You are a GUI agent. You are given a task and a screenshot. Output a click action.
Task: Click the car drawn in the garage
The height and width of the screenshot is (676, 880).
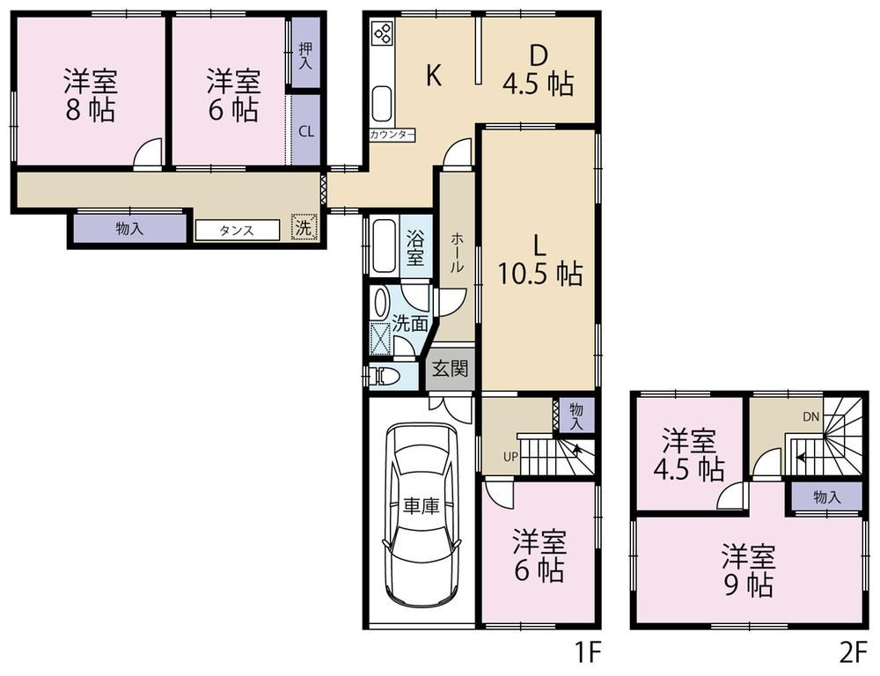[421, 515]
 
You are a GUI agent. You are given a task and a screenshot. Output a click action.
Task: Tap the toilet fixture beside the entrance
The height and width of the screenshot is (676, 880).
[385, 376]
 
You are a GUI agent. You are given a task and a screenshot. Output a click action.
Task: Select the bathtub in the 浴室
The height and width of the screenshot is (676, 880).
[385, 246]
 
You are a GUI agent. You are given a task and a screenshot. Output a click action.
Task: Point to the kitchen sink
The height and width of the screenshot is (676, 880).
[382, 104]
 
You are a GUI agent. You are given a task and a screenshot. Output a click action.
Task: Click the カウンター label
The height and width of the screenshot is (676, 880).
[392, 135]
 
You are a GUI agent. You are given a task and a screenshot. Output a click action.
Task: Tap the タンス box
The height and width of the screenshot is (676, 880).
[237, 231]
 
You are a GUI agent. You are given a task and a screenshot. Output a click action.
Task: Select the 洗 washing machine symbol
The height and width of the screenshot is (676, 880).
[304, 227]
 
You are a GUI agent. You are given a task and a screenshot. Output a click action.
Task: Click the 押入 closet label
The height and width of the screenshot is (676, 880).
[304, 56]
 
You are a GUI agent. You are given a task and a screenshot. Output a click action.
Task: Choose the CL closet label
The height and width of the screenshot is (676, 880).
[306, 132]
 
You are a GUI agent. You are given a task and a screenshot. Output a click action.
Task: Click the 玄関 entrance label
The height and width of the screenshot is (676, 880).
[450, 369]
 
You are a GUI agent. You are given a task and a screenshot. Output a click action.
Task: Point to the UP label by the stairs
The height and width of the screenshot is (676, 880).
[510, 457]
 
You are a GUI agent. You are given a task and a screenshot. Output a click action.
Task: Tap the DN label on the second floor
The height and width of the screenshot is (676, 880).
[811, 416]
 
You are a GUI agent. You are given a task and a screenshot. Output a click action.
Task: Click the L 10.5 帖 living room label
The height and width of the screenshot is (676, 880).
[539, 261]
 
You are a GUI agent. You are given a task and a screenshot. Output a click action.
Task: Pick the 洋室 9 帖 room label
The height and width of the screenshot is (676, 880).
[748, 570]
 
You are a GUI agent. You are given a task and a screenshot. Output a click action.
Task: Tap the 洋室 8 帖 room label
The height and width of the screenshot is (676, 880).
[91, 95]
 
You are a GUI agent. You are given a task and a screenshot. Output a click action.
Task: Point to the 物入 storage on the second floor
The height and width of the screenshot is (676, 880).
[826, 496]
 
